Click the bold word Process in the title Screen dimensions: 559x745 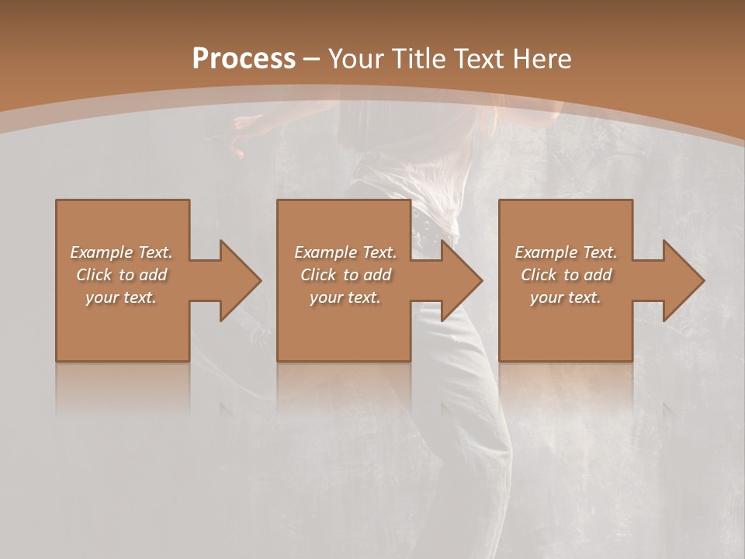pos(244,58)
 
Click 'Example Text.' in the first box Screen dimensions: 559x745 pos(122,252)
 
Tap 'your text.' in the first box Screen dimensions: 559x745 pos(122,297)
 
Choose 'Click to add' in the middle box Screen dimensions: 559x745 pos(345,275)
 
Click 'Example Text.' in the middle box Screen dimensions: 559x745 pos(345,252)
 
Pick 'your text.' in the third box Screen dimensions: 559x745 pos(566,297)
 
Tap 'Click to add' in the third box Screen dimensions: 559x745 pos(566,275)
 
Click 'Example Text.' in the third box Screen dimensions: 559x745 pos(566,252)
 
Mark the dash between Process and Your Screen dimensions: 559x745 pos(312,59)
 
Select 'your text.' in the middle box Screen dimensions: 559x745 pos(345,297)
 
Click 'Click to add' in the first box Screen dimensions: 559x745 pos(122,275)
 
